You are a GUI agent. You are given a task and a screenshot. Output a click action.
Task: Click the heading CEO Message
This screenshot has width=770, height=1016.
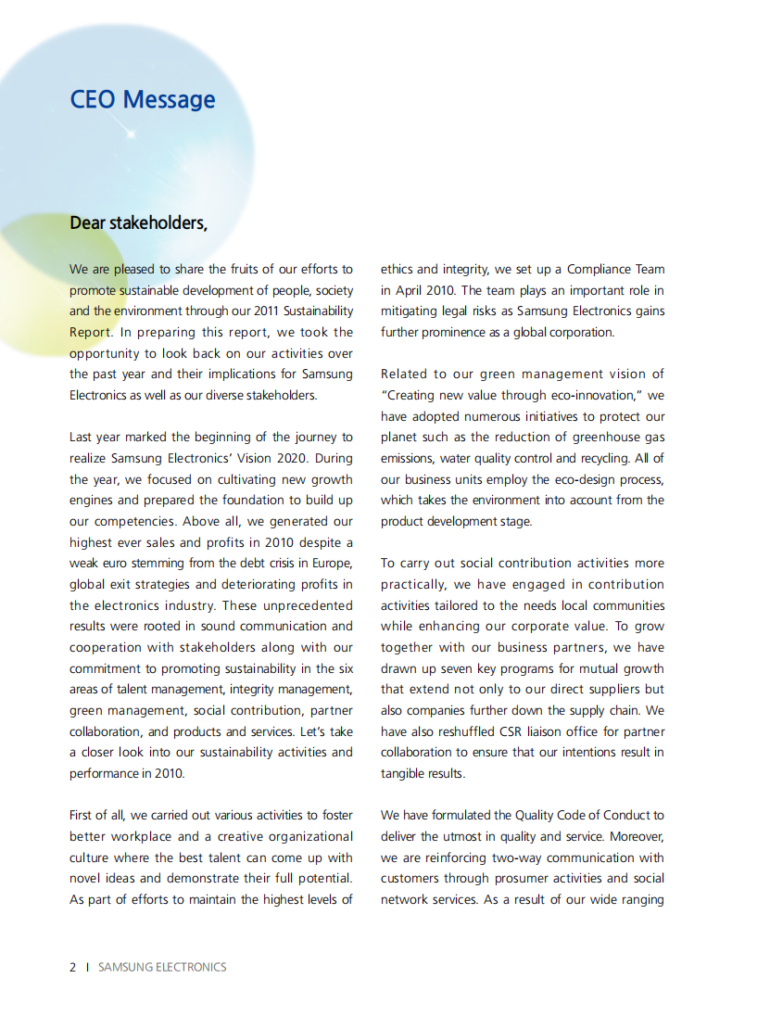click(x=143, y=99)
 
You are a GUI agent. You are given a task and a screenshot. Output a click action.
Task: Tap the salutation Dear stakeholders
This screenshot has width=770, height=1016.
click(x=138, y=223)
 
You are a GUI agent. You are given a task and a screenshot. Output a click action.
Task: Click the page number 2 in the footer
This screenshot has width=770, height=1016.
click(x=73, y=967)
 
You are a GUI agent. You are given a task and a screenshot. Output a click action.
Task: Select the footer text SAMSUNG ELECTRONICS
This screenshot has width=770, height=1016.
click(x=162, y=967)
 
